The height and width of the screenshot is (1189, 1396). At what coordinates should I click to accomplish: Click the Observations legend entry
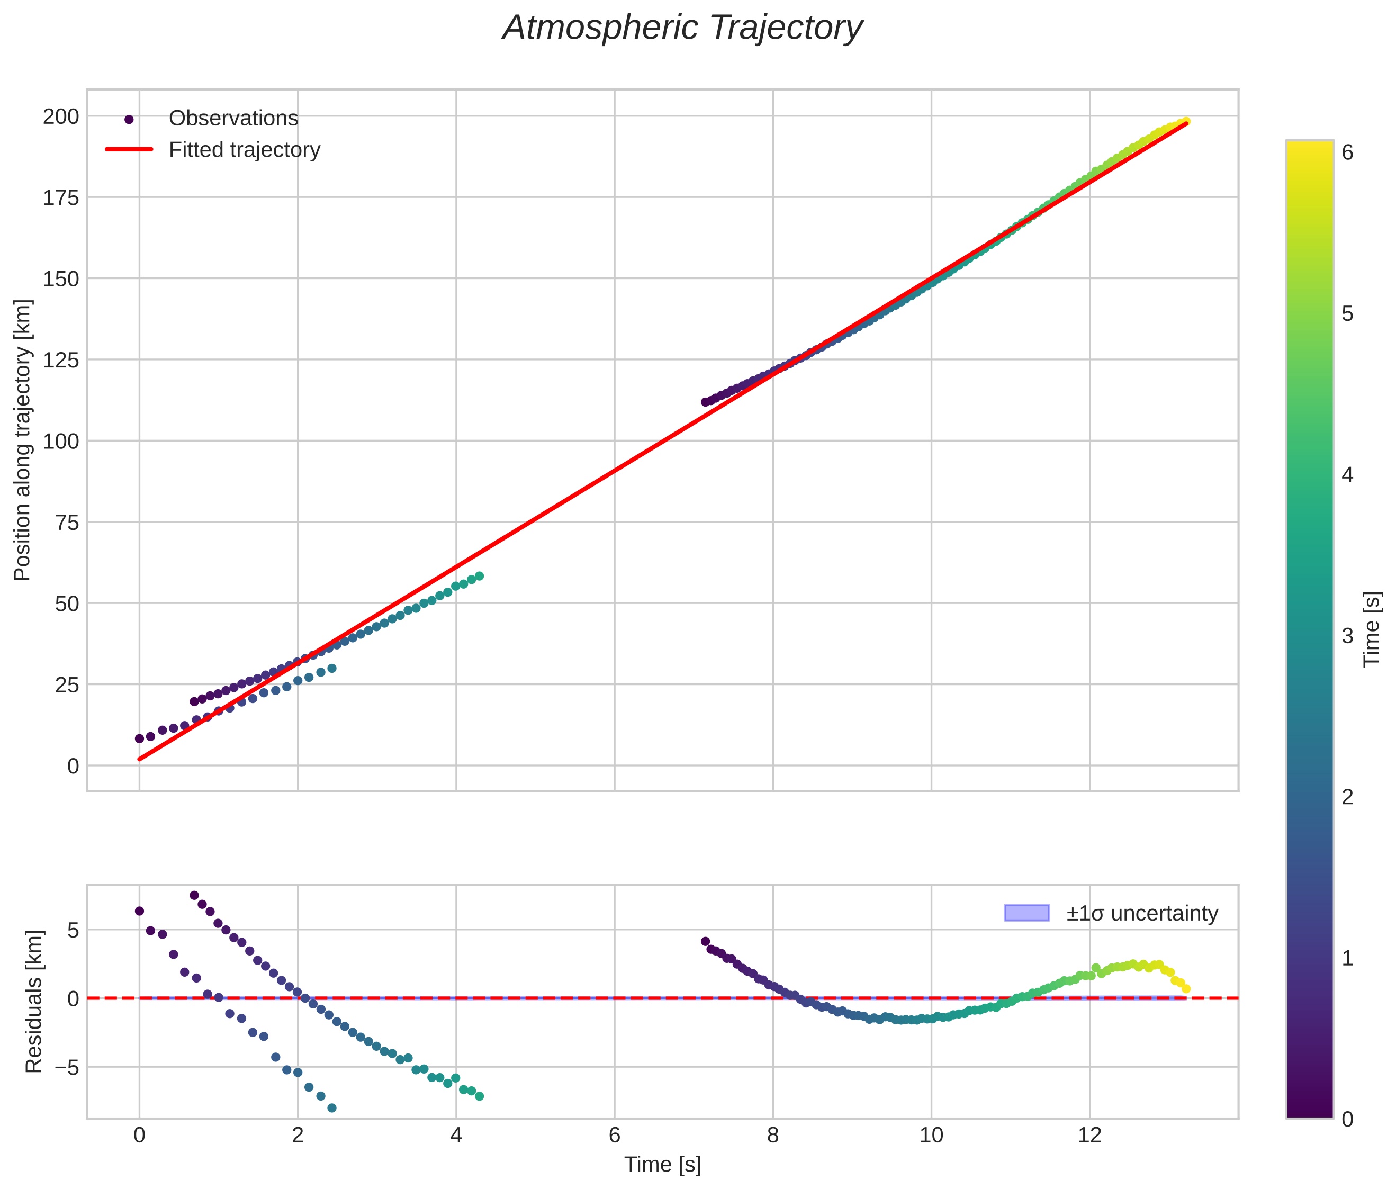click(x=233, y=119)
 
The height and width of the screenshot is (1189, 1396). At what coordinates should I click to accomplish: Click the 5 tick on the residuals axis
click(x=73, y=930)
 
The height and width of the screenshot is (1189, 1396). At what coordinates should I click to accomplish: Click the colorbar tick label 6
click(x=1347, y=153)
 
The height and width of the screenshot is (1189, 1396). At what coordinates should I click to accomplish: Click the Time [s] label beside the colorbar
click(x=1372, y=629)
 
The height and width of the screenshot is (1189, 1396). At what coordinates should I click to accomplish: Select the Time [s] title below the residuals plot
click(x=662, y=1165)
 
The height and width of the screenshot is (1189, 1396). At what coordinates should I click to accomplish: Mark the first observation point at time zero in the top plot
click(x=139, y=738)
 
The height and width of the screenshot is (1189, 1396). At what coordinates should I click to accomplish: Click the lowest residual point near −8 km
click(x=331, y=1108)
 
